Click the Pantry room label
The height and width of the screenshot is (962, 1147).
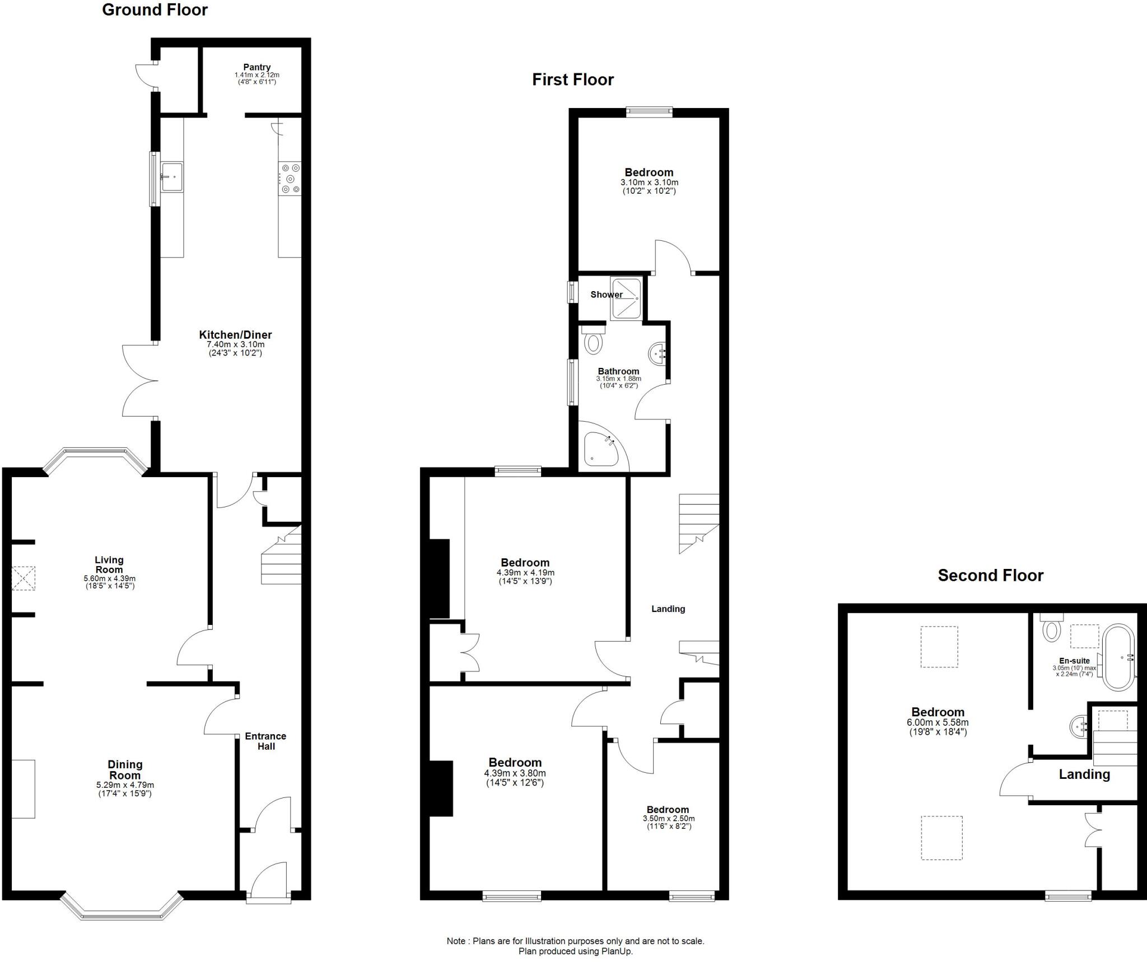coord(257,67)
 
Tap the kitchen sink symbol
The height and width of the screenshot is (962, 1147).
coord(172,176)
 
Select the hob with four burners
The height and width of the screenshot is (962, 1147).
coord(290,179)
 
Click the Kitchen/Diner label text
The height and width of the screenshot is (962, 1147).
coord(235,335)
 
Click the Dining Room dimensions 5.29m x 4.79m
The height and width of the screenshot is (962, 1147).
coord(125,785)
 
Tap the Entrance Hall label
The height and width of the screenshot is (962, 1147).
coord(266,741)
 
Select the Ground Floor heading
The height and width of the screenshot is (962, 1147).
coord(155,10)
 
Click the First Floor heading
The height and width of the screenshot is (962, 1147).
coord(572,80)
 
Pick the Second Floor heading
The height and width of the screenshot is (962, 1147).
coord(990,575)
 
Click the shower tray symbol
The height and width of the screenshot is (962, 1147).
coord(626,299)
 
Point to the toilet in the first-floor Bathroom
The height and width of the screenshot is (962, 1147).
coord(593,340)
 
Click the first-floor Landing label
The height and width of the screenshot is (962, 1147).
coord(668,609)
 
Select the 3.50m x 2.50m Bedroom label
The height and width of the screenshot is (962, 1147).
coord(668,810)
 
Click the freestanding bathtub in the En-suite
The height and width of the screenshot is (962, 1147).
coord(1118,657)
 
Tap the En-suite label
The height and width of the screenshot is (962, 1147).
coord(1074,661)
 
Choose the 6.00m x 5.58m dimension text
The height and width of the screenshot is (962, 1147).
coord(938,722)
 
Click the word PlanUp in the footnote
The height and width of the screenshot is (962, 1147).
coord(617,951)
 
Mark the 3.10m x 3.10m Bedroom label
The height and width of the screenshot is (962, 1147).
coord(649,172)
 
